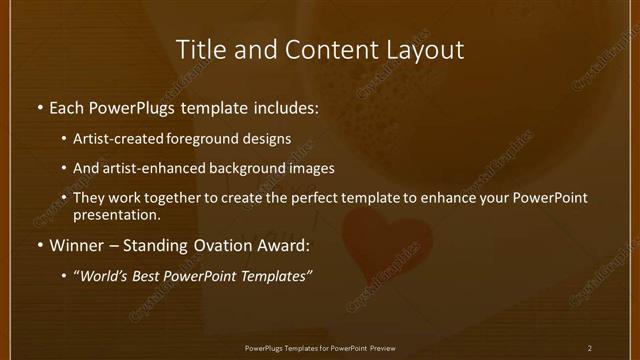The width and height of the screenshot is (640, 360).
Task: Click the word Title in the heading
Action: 200,49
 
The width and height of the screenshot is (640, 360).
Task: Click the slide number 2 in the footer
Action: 590,348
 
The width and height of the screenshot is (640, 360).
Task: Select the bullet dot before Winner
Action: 40,245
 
